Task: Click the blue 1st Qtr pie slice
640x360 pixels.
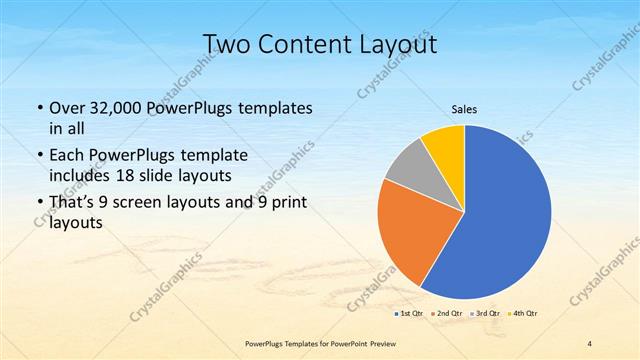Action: pos(505,215)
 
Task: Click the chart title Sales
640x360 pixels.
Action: pos(464,110)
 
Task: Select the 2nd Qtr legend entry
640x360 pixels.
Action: pos(446,314)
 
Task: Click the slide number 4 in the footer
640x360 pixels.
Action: pos(589,344)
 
